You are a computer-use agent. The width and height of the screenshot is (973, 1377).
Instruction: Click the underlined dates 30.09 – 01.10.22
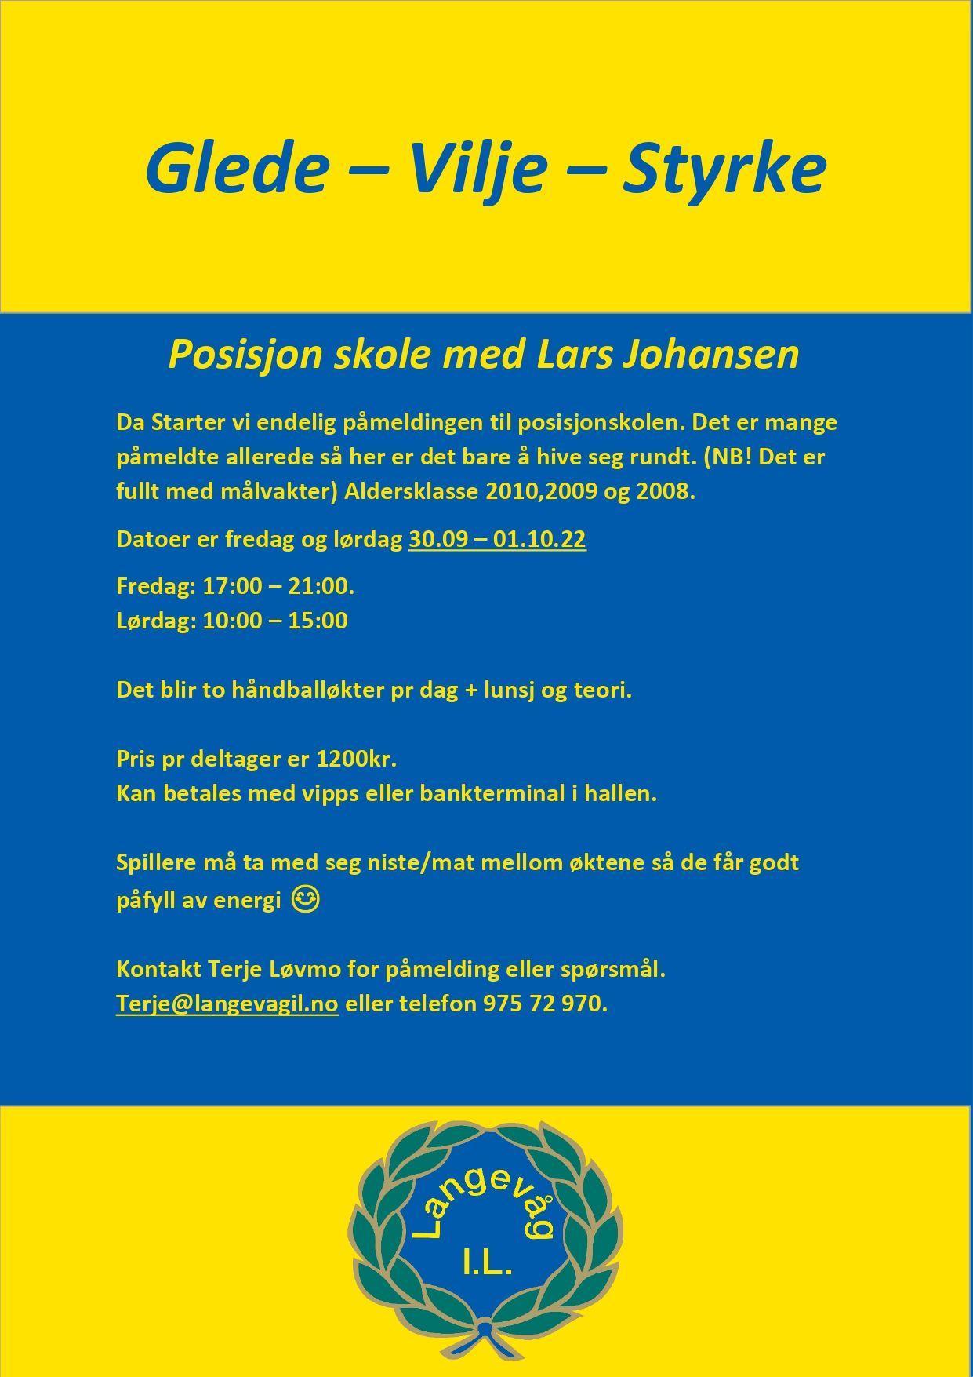click(497, 540)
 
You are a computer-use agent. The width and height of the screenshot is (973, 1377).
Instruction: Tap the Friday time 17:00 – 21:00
click(278, 586)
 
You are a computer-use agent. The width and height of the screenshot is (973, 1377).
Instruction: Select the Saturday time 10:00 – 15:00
click(274, 621)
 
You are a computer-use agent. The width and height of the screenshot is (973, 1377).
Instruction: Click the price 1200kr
click(356, 759)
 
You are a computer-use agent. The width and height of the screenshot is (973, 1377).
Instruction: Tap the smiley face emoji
click(305, 899)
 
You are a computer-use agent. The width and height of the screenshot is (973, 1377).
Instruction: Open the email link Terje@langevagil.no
click(227, 1004)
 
